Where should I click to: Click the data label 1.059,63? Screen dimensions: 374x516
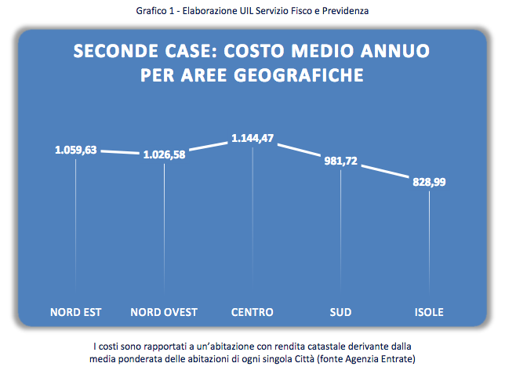[76, 151]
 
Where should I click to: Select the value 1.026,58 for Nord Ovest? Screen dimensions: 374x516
[164, 155]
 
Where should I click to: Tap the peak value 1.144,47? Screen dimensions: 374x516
[253, 139]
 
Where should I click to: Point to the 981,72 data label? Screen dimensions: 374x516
[341, 162]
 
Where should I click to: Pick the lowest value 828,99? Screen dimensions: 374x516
[429, 182]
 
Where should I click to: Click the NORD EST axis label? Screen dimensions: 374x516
[76, 312]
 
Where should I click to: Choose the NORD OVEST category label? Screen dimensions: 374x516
[164, 312]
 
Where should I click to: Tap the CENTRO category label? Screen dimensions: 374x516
[253, 312]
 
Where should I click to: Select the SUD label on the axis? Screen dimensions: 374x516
[341, 312]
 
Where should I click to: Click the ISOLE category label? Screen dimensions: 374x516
[429, 312]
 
